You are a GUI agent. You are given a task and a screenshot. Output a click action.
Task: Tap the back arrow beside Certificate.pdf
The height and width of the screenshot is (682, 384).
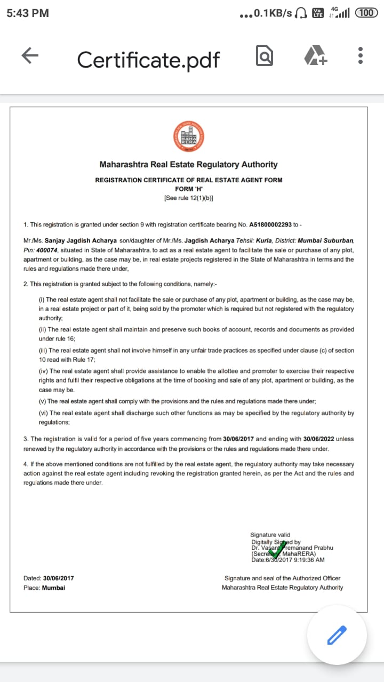click(30, 55)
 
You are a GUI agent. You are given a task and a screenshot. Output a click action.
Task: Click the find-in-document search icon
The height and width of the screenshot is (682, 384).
click(265, 55)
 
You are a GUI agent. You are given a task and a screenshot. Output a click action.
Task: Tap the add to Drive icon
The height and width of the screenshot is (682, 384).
click(315, 55)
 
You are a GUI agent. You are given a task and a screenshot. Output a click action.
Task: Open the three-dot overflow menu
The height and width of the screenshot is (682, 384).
click(361, 55)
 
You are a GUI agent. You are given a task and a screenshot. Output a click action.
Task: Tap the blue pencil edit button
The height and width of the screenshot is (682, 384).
click(337, 635)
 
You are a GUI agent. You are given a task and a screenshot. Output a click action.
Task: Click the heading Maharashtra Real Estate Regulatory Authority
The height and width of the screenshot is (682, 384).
click(188, 165)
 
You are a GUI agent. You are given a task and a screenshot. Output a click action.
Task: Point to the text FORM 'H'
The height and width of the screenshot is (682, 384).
click(188, 189)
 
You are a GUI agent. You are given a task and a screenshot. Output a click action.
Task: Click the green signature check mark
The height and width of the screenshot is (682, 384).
click(276, 549)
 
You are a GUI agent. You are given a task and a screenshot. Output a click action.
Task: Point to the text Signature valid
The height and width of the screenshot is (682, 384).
click(270, 534)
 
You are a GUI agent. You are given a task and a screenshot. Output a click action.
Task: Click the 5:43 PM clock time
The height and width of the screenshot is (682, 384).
click(28, 13)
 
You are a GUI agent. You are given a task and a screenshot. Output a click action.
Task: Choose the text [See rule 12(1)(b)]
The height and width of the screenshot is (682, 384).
click(188, 198)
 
